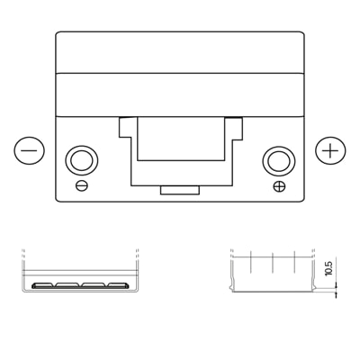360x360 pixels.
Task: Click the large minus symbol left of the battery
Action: click(x=29, y=150)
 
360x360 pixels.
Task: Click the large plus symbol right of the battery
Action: click(x=330, y=151)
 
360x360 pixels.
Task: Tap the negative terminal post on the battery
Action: click(x=81, y=162)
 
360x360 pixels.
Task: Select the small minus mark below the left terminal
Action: click(x=82, y=185)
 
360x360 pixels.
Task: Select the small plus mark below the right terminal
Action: click(x=280, y=186)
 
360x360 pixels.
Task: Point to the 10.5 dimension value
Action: click(x=329, y=268)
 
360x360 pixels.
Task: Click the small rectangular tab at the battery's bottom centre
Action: click(x=180, y=190)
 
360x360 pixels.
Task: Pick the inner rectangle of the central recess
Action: click(x=181, y=139)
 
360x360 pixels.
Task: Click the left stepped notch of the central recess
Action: click(x=125, y=128)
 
